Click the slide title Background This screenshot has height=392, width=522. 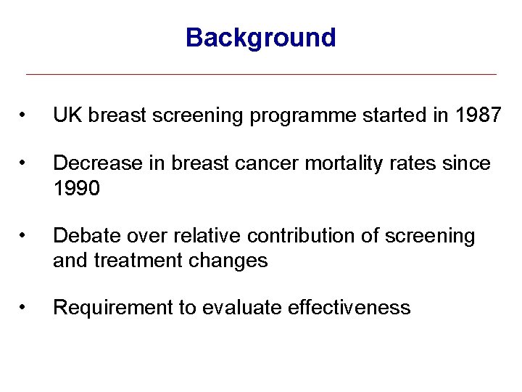pyautogui.click(x=260, y=37)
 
